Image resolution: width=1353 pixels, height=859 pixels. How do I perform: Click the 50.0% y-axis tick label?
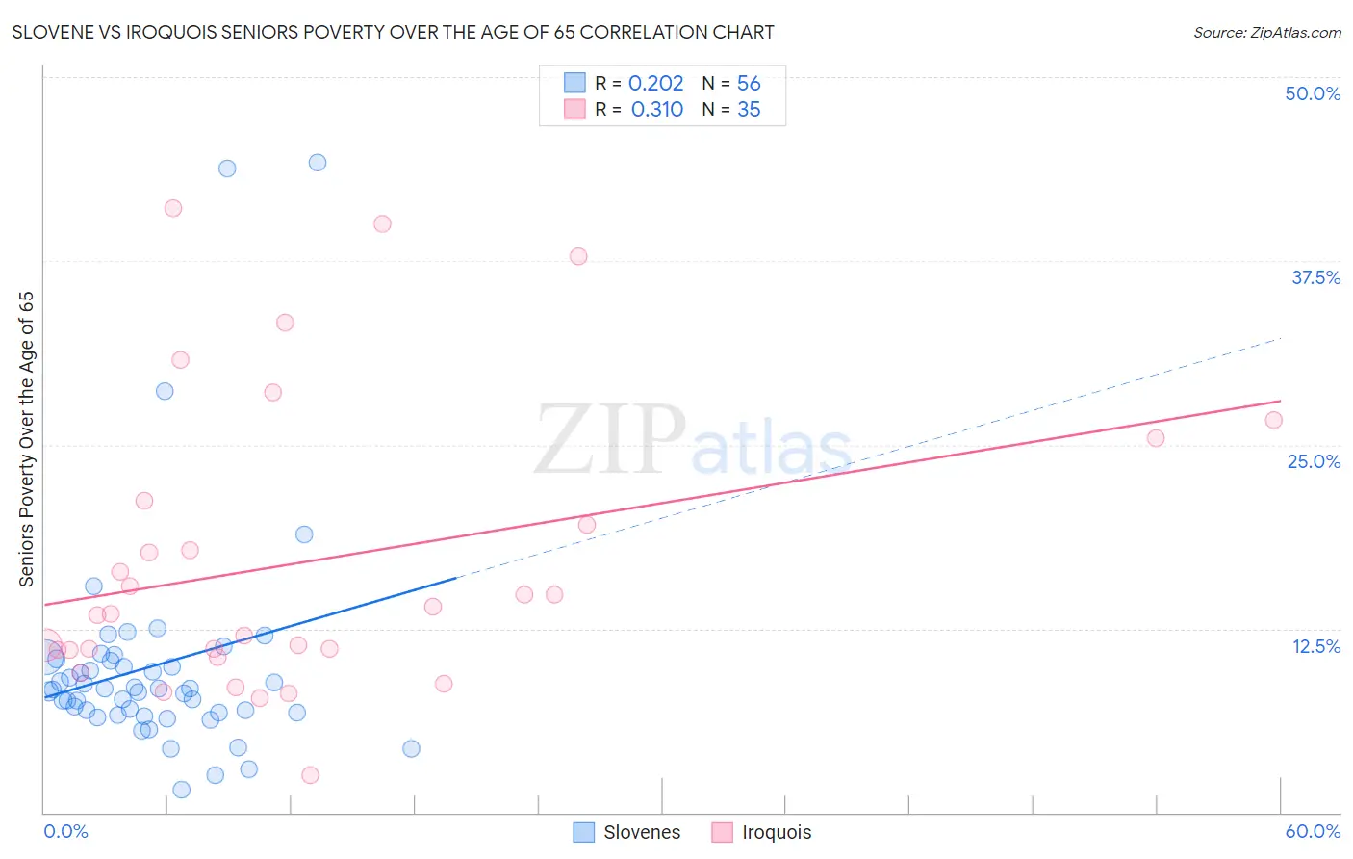(x=1313, y=93)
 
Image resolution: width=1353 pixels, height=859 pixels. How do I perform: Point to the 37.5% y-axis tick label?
(x=1315, y=277)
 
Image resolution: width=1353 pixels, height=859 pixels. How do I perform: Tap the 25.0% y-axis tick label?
(x=1314, y=461)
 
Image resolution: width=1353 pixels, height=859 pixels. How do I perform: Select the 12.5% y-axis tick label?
(x=1315, y=646)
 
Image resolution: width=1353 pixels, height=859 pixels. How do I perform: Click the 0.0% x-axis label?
(x=65, y=831)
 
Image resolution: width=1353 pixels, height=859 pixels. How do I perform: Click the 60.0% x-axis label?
(x=1313, y=831)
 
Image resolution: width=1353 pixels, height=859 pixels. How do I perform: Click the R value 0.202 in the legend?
(x=655, y=84)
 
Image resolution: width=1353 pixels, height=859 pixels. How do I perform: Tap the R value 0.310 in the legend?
(x=656, y=110)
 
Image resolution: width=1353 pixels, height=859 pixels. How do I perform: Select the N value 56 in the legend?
(x=749, y=84)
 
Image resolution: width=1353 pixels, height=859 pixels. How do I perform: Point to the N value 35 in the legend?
(x=749, y=110)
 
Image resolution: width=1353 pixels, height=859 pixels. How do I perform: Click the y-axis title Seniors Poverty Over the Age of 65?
(x=27, y=439)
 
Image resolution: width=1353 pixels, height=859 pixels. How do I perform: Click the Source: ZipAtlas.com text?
(x=1266, y=33)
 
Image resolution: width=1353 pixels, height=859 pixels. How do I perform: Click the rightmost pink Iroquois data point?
(x=1273, y=420)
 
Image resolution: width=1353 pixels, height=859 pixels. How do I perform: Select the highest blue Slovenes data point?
(x=318, y=163)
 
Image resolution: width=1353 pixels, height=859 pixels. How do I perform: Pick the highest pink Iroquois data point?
(x=173, y=208)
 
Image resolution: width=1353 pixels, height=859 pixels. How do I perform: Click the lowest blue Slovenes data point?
(x=181, y=790)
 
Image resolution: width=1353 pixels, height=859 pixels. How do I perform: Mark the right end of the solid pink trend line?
(x=1281, y=401)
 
